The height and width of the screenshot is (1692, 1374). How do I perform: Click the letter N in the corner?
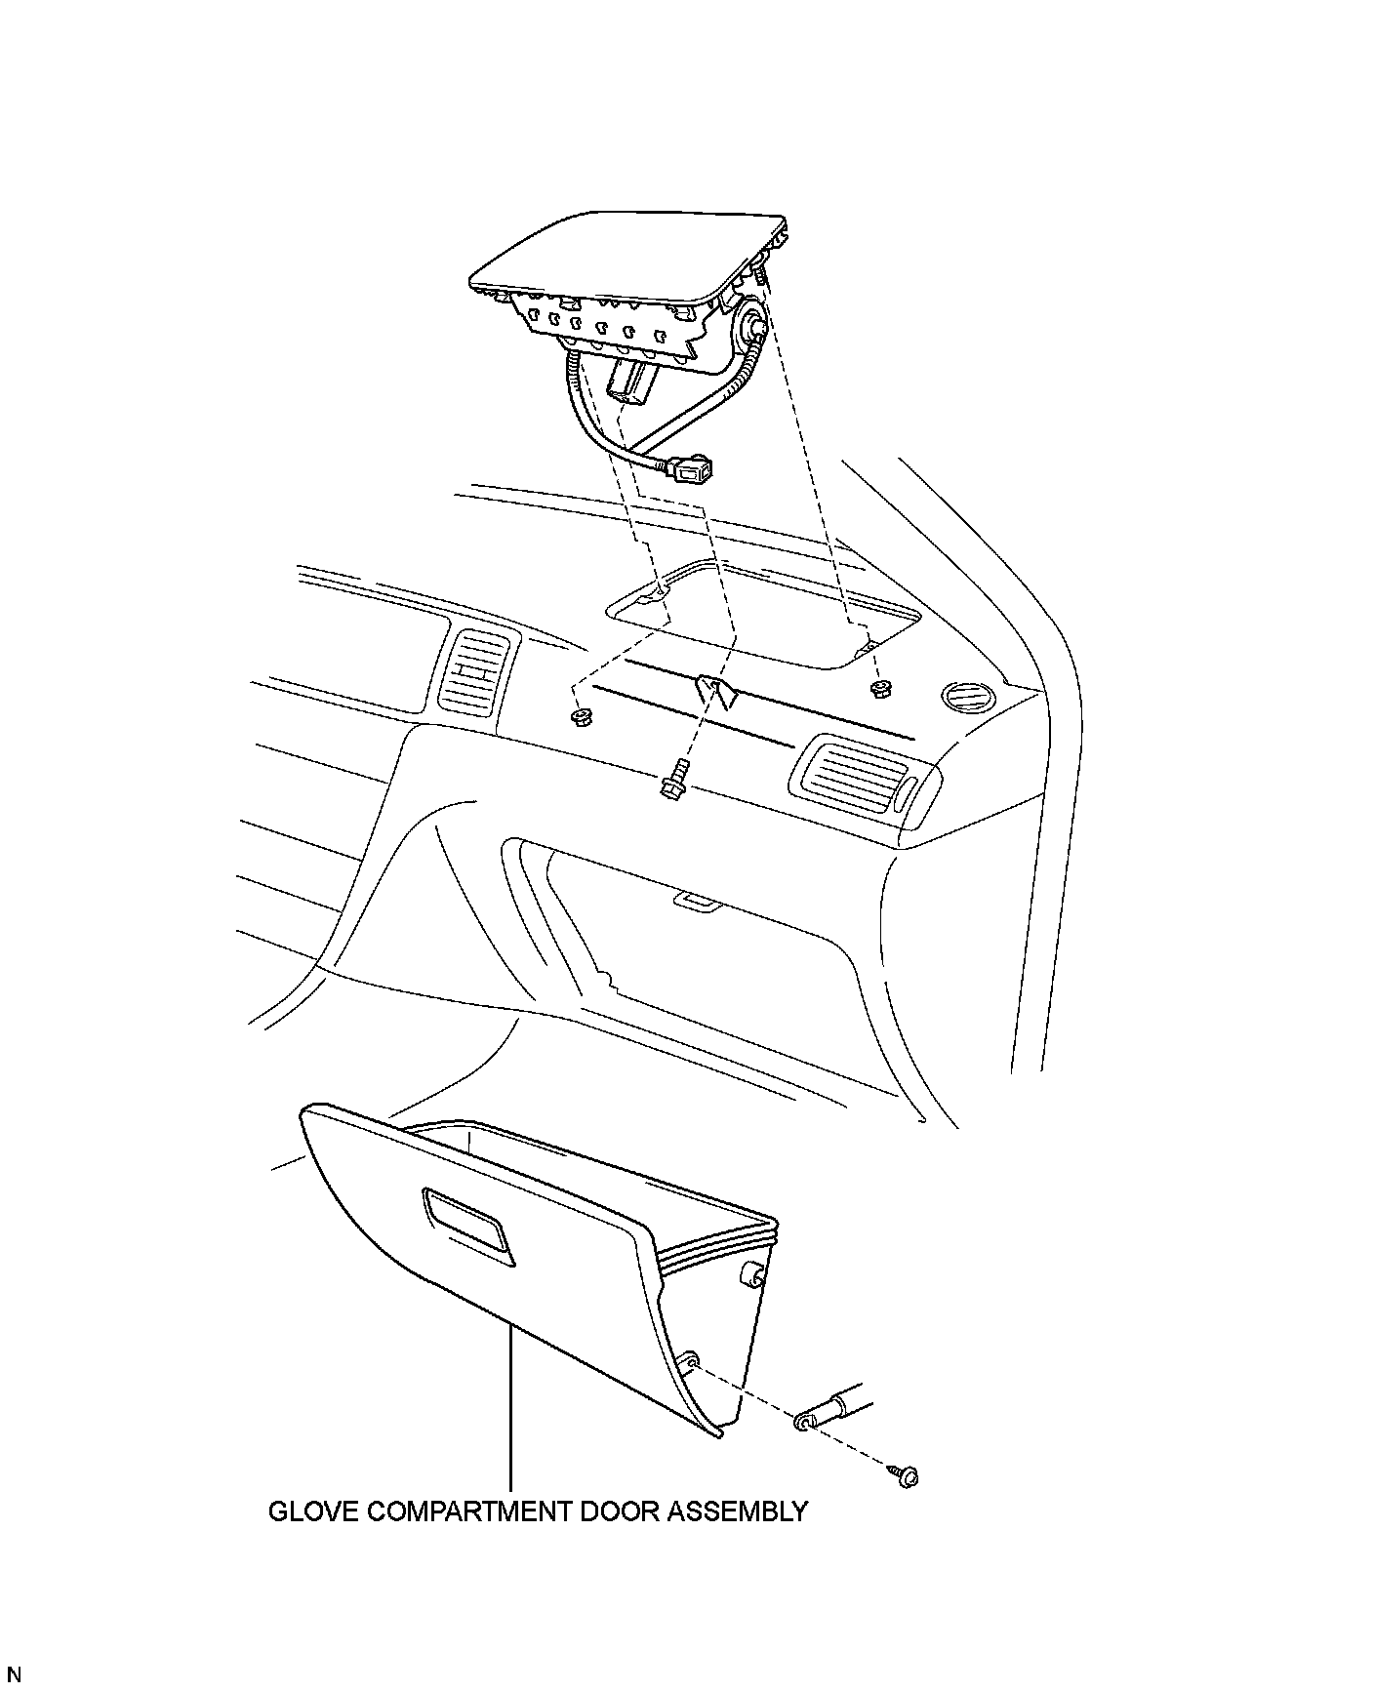(14, 1675)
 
